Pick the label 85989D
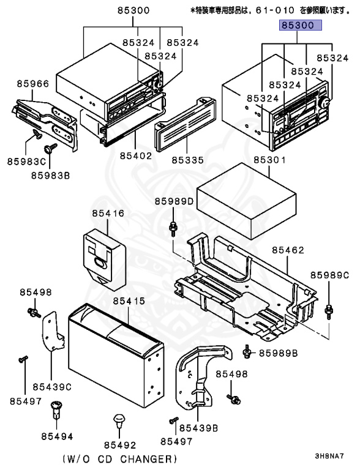tap(174, 201)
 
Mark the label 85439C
tap(52, 386)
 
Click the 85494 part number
tap(58, 436)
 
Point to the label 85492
tap(119, 445)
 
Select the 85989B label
tap(278, 353)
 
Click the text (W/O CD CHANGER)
tap(119, 458)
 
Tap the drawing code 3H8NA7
tap(329, 456)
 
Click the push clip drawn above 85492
tap(118, 422)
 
